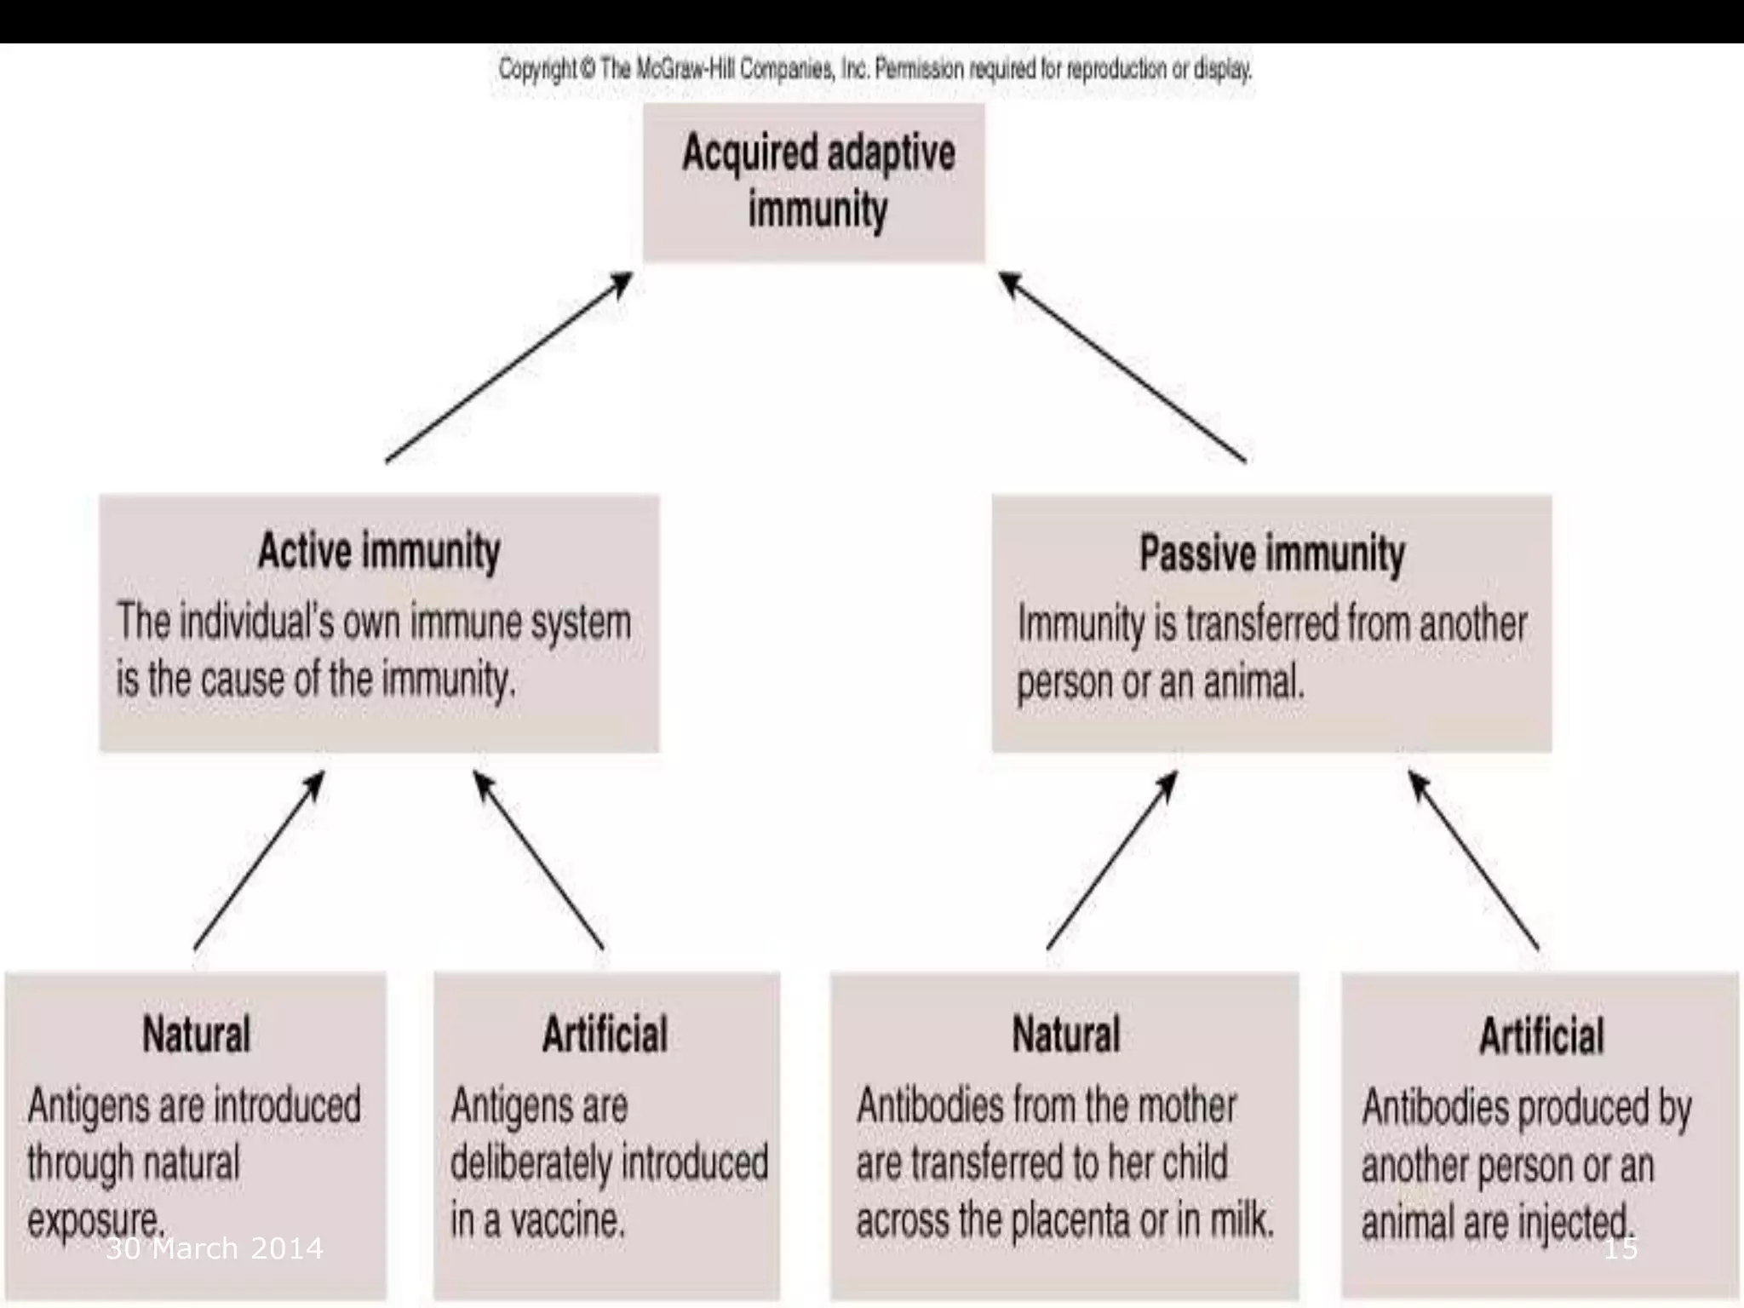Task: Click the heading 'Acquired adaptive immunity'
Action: click(817, 181)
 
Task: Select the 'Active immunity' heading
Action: click(379, 552)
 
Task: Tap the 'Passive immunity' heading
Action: click(1272, 554)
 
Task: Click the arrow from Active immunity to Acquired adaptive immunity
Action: click(509, 367)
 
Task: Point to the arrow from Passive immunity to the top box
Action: click(1122, 367)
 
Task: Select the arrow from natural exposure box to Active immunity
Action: click(260, 861)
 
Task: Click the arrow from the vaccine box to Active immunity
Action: click(538, 861)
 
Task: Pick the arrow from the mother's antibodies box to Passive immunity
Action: click(1112, 861)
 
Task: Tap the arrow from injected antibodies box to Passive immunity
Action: click(1473, 861)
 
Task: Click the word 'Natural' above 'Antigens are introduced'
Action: click(196, 1035)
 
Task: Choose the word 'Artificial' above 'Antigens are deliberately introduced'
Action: click(605, 1035)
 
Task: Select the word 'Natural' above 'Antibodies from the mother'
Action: click(1065, 1035)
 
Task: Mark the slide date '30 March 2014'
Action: click(215, 1248)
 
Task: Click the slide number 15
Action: click(1621, 1248)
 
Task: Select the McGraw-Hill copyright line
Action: click(875, 69)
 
